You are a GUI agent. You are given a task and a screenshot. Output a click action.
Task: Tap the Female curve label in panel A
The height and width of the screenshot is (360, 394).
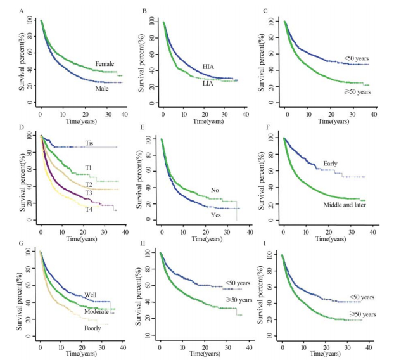pos(105,64)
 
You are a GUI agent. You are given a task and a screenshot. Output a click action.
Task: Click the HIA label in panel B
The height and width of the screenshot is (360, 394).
pos(209,66)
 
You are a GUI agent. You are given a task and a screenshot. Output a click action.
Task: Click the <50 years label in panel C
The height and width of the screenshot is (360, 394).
pos(356,58)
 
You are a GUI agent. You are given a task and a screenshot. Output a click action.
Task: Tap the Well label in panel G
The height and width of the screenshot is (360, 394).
pos(90,295)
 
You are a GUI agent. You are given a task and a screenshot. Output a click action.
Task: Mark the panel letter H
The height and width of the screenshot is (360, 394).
pos(141,245)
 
